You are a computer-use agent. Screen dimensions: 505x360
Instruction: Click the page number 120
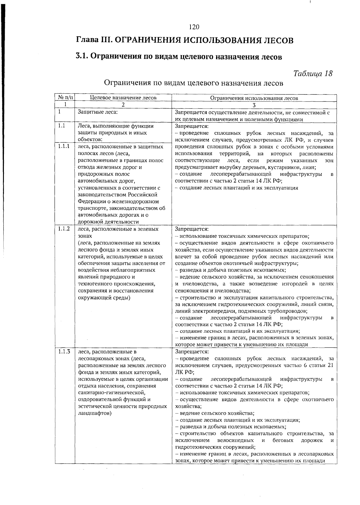pyautogui.click(x=194, y=27)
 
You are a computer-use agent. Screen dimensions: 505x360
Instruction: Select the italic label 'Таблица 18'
pyautogui.click(x=313, y=74)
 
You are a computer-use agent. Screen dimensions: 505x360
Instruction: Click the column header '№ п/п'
pyautogui.click(x=65, y=98)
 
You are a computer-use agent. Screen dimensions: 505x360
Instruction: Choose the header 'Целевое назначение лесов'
pyautogui.click(x=123, y=98)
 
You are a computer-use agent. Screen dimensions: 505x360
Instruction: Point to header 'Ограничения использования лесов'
pyautogui.click(x=254, y=98)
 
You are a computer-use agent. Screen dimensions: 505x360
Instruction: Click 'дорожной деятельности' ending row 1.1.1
pyautogui.click(x=108, y=222)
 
